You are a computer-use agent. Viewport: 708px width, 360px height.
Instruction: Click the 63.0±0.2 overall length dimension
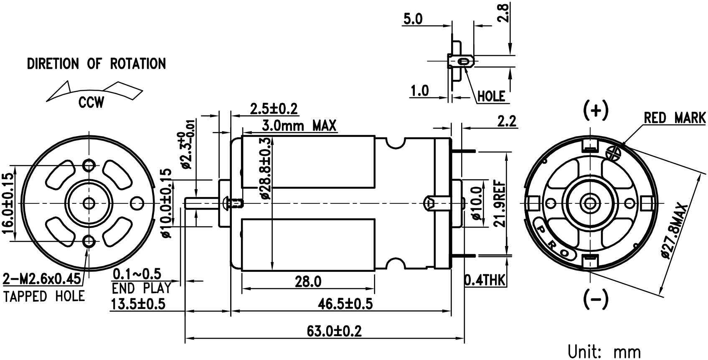point(334,331)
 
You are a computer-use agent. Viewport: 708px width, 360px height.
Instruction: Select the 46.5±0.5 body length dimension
point(345,304)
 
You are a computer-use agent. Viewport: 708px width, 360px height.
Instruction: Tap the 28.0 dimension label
point(308,281)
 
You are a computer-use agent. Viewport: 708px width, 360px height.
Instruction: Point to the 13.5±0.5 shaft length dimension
point(138,304)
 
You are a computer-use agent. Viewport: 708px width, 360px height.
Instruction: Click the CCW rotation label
point(91,103)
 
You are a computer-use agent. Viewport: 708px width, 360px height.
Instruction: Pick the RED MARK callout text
point(675,118)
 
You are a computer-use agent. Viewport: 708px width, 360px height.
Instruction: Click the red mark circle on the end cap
point(613,153)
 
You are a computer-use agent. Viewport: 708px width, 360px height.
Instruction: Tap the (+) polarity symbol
point(596,111)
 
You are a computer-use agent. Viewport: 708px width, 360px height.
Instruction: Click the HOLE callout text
point(491,96)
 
